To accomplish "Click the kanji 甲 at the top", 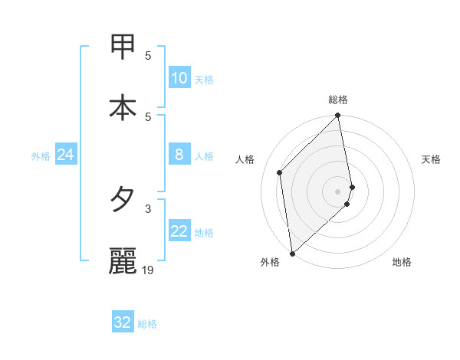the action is coord(123,47).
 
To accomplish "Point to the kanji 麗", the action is coord(123,260).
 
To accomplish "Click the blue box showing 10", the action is coord(179,78).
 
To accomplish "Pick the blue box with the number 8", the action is coord(179,155).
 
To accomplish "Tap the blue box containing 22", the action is coord(179,231).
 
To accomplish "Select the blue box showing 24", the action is coord(65,155).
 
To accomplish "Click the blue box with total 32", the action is coord(122,322).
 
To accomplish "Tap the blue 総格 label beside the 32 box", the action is coord(147,324).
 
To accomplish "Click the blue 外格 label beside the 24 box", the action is coord(41,156).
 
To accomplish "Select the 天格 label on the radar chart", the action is coord(432,159).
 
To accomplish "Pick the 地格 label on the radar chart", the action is coord(402,262).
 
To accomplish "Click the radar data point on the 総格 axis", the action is coord(337,116).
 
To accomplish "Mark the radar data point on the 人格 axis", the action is coord(280,172).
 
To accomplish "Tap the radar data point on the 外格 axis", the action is coord(292,253).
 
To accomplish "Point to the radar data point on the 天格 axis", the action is coord(352,187).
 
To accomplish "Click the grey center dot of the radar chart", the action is coord(337,191).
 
